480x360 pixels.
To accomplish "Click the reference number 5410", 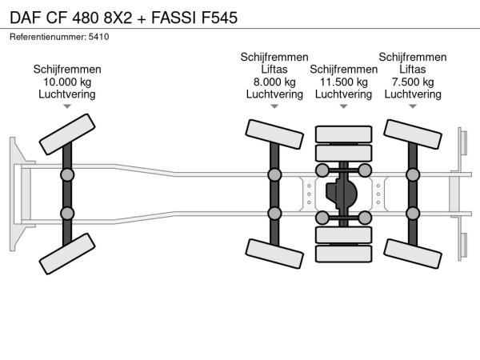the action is coord(98,37).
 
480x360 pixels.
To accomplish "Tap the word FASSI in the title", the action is coord(174,18).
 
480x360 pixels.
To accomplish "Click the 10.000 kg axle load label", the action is coord(67,82).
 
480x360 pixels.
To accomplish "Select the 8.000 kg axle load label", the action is coord(274,82).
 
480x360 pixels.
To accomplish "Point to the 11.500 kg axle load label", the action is coord(343,82).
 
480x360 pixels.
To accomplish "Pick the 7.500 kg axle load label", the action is coord(413,82).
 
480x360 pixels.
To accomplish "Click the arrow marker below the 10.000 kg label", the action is coord(67,106).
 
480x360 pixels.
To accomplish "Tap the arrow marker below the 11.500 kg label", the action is coord(343,106).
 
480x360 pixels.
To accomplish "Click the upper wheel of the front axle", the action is coord(67,134).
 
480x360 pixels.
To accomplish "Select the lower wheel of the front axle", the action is coord(67,254).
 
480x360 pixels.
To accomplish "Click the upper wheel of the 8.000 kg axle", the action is coord(274,134).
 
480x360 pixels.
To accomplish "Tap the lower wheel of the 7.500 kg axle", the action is coord(413,254).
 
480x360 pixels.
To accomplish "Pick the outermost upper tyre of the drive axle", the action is coord(343,134).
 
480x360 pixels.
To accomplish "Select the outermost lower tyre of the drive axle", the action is coord(343,254).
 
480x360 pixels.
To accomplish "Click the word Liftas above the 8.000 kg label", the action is coord(274,70).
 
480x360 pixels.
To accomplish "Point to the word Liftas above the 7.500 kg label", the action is coord(413,70).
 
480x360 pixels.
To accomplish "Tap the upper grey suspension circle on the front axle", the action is coord(67,175).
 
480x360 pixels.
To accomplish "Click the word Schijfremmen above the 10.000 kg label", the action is coord(67,70).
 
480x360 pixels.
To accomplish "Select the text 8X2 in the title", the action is coord(118,18).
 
